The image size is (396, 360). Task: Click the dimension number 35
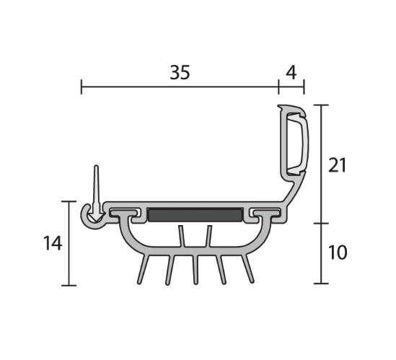pyautogui.click(x=180, y=72)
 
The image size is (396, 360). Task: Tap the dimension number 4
pyautogui.click(x=291, y=73)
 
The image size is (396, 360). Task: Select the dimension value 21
pyautogui.click(x=337, y=165)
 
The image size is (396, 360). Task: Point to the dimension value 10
pyautogui.click(x=338, y=252)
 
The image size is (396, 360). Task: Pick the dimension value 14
pyautogui.click(x=53, y=243)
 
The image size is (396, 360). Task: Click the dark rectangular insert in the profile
pyautogui.click(x=195, y=215)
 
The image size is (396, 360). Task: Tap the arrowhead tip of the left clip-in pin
pyautogui.click(x=96, y=221)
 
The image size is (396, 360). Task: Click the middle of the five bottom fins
pyautogui.click(x=195, y=270)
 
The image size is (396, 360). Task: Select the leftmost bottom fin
pyautogui.click(x=143, y=269)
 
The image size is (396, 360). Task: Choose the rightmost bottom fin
pyautogui.click(x=247, y=269)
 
